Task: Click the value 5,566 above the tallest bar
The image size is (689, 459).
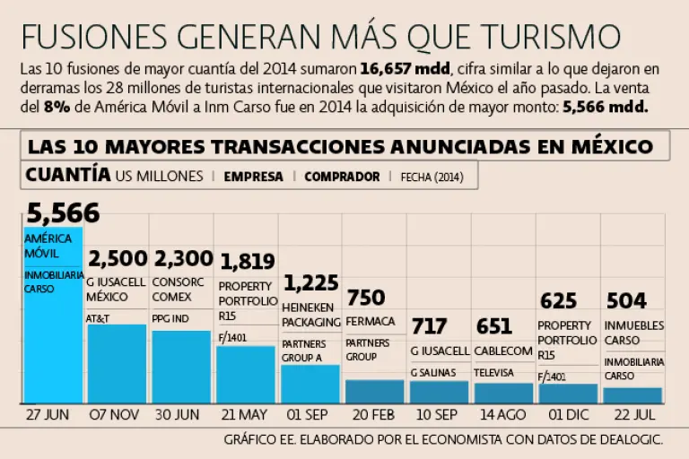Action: (x=63, y=213)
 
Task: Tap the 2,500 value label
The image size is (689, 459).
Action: (x=118, y=259)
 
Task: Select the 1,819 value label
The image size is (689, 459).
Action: (x=248, y=262)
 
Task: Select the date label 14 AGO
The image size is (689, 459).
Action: (x=502, y=415)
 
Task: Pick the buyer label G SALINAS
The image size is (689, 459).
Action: (x=433, y=372)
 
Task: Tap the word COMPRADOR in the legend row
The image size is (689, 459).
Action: (x=342, y=177)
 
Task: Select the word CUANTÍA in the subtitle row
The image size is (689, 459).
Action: (x=68, y=174)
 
